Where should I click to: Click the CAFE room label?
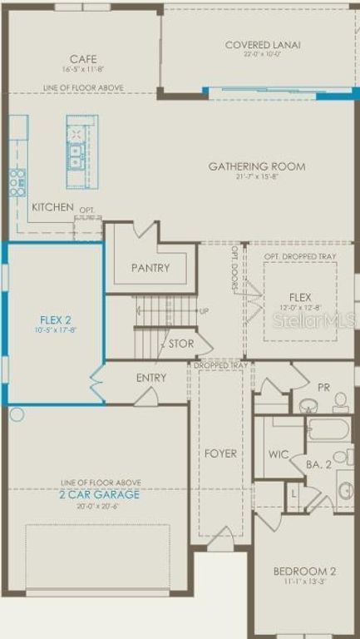83,59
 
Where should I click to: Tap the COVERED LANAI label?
263,45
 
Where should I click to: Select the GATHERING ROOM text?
256,166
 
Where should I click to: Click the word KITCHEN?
52,207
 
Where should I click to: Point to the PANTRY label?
150,268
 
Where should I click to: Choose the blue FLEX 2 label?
57,319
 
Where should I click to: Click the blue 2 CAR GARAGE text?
99,494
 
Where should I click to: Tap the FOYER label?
220,453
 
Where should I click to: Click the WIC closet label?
278,455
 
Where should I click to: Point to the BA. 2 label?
318,465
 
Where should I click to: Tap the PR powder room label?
323,388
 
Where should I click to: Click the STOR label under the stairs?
181,344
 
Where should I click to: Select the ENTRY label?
151,378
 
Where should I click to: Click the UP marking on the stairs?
205,311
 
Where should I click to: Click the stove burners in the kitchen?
17,182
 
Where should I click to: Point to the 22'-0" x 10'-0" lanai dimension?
263,55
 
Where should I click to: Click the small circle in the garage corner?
17,414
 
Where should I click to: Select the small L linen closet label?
293,494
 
